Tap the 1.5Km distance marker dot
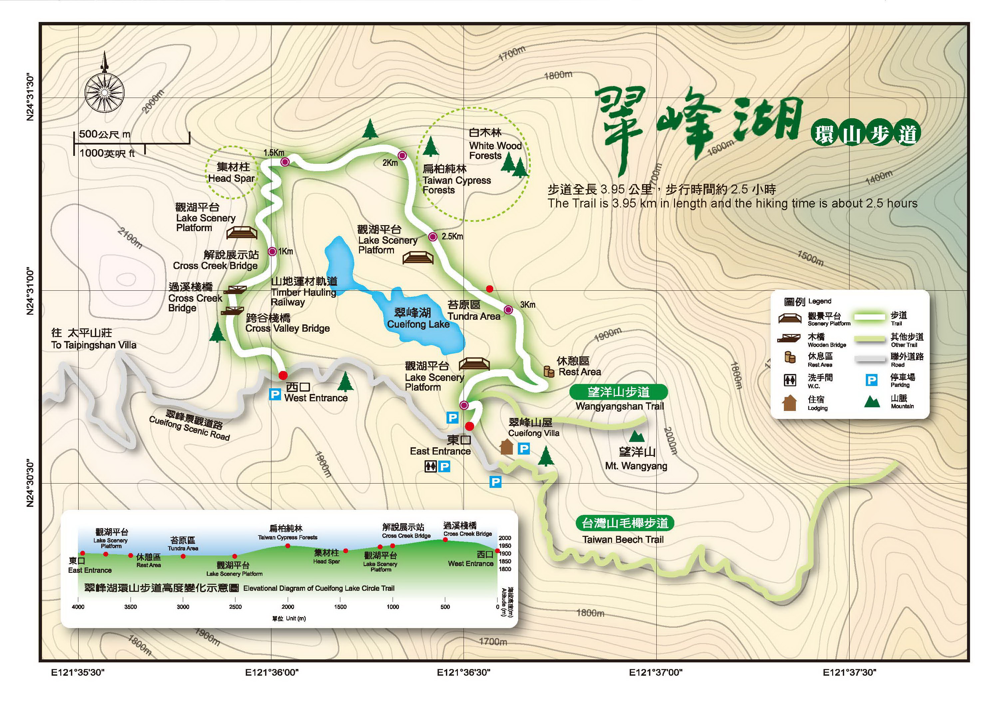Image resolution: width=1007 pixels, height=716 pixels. point(285,162)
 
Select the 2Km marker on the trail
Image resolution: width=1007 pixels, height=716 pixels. point(402,156)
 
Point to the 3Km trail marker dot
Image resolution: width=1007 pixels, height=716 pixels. point(508,309)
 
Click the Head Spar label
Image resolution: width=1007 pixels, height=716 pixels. point(231,178)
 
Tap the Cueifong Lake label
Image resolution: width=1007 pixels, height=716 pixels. point(418,324)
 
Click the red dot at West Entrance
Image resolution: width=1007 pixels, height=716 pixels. point(283,376)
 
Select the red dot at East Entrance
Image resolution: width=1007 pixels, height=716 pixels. point(470,426)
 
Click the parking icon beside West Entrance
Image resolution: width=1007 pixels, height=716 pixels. point(275,394)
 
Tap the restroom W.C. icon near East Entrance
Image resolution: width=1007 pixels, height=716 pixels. point(430,466)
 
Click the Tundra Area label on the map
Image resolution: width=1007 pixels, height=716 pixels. point(474,316)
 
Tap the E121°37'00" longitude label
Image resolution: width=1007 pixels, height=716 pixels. point(656,672)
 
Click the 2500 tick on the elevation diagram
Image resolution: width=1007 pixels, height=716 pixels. point(235,607)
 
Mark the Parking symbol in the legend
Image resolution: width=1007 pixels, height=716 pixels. point(872,380)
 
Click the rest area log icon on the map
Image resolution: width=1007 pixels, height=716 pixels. point(548,371)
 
